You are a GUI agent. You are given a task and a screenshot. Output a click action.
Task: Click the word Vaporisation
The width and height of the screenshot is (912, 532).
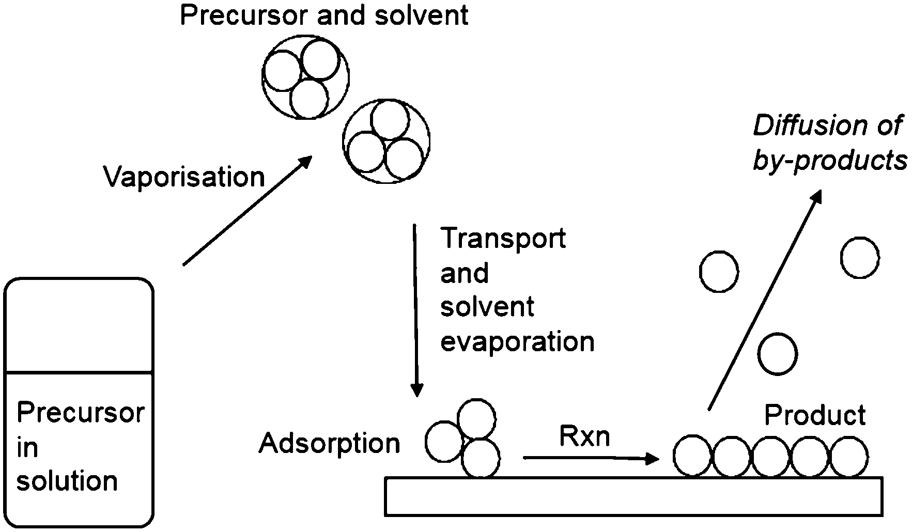[x=184, y=177]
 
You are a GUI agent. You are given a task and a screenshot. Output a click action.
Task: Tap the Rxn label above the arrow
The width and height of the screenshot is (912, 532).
[x=584, y=436]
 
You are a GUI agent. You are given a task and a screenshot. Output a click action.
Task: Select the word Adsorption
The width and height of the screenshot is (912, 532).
[x=330, y=443]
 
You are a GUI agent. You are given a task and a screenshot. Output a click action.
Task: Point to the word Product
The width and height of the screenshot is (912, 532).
[x=815, y=415]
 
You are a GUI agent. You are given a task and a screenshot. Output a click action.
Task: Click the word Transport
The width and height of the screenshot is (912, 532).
[x=503, y=239]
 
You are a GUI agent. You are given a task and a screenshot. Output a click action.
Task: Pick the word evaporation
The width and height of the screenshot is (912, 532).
[x=517, y=341]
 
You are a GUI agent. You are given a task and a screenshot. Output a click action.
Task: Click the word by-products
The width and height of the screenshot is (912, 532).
[x=830, y=161]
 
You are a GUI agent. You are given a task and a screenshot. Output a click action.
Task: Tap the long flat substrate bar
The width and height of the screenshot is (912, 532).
[x=633, y=496]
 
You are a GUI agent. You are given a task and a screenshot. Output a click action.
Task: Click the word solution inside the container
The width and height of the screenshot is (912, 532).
[x=67, y=481]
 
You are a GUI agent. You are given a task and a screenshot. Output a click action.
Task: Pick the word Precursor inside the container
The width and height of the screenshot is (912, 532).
[x=80, y=413]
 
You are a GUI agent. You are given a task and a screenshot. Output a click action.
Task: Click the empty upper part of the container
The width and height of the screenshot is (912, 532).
[x=79, y=325]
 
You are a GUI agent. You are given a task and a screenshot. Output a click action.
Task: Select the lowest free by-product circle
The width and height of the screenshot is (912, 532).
[x=777, y=354]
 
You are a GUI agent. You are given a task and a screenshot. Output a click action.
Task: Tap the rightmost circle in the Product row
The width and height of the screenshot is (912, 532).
[x=848, y=456]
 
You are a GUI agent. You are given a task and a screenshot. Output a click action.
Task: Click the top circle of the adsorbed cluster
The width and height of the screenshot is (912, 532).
[x=476, y=418]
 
